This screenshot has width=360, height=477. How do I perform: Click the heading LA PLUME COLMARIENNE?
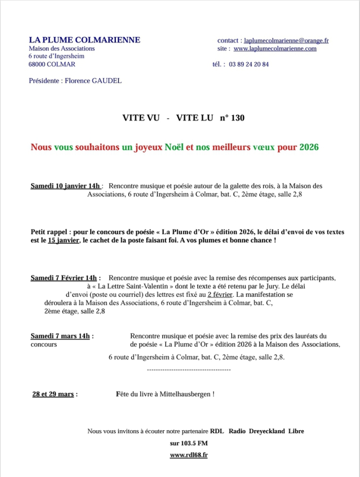(84, 40)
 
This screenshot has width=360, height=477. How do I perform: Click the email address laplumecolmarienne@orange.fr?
(286, 40)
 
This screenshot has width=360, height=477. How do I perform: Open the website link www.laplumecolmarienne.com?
(275, 48)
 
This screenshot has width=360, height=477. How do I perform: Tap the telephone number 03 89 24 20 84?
(249, 64)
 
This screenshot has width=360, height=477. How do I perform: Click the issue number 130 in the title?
(238, 118)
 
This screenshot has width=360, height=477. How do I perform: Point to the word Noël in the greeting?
(174, 147)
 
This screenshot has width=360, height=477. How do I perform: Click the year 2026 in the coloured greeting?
(309, 147)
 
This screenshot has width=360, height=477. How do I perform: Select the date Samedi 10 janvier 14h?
(65, 186)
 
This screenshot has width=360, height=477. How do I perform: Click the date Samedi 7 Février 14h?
(65, 278)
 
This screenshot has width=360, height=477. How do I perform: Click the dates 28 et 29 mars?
(53, 394)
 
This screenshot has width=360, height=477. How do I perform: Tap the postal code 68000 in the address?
(39, 64)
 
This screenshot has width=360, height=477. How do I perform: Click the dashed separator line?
(188, 369)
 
